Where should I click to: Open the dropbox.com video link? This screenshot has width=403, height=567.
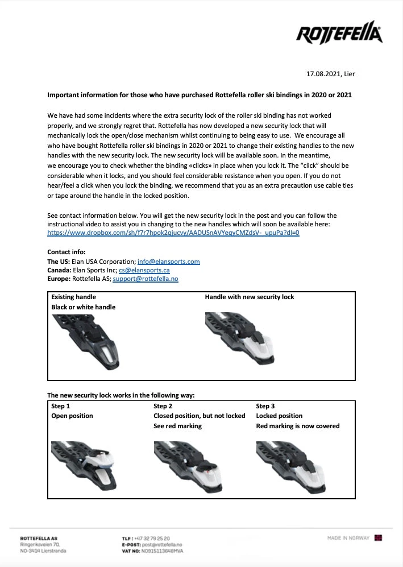coord(173,233)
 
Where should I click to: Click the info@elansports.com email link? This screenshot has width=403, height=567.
coord(169,262)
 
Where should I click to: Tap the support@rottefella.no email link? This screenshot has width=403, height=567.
coord(146,279)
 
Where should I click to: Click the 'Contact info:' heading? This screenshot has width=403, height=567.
coord(67,252)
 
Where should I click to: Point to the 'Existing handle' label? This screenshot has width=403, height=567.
coord(73,297)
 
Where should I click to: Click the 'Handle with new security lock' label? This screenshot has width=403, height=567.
coord(250,297)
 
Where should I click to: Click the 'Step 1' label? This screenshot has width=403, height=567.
coord(61,406)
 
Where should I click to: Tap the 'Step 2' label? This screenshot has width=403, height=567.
coord(163,406)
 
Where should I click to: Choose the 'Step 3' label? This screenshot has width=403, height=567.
coord(265,406)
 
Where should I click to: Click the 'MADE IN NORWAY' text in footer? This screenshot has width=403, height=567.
coord(348,538)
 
